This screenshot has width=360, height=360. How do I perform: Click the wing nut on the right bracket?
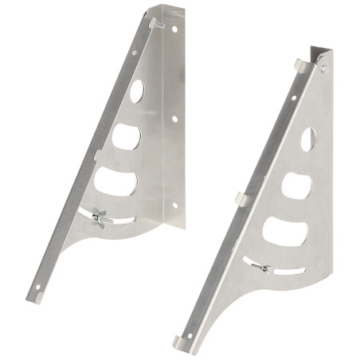click(x=264, y=268)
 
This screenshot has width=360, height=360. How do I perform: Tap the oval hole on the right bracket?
click(x=308, y=140)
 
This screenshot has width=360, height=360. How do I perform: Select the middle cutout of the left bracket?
click(x=126, y=136)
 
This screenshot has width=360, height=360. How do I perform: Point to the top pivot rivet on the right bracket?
click(x=323, y=69)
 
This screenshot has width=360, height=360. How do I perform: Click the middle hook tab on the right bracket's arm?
click(x=241, y=195)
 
